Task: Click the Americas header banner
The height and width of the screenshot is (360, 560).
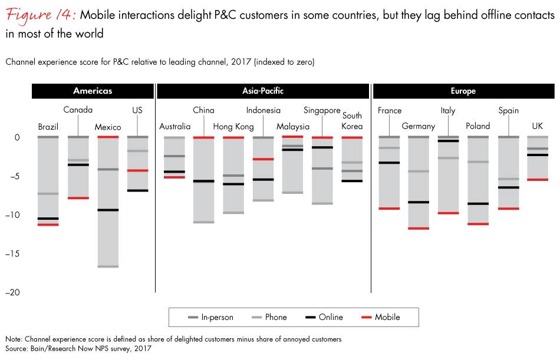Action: tap(93, 91)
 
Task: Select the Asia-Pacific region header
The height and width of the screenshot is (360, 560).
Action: tap(263, 91)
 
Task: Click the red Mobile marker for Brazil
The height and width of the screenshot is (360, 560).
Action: tap(48, 224)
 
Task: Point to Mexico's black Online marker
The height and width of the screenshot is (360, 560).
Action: tap(108, 210)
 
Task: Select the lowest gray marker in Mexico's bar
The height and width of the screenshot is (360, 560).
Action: tap(108, 266)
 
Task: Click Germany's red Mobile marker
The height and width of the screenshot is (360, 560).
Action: tap(419, 228)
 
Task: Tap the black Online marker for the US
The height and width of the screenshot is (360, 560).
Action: tap(138, 190)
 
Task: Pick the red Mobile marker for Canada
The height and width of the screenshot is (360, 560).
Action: tap(78, 198)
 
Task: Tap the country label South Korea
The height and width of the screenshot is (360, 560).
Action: tap(353, 121)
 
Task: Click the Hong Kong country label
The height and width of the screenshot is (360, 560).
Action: tap(233, 127)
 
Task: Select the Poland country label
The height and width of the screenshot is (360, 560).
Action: tap(477, 127)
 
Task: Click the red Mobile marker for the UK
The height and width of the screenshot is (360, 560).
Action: tap(538, 180)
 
